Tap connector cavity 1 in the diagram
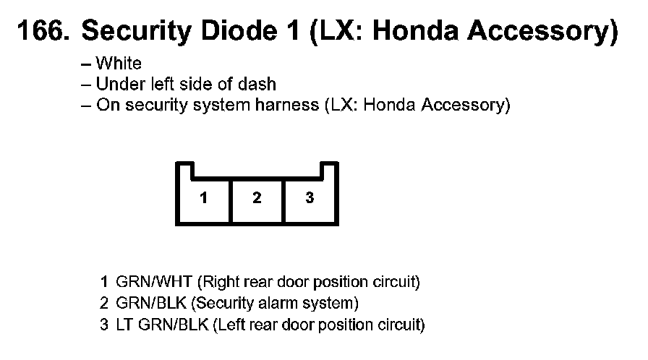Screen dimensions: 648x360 [x=204, y=197]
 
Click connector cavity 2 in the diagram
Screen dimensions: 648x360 [x=257, y=197]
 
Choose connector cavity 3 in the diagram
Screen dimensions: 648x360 [x=310, y=197]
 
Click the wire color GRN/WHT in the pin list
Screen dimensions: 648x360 [x=154, y=280]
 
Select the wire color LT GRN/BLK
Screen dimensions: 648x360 [x=162, y=325]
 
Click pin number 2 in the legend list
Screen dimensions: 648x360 [x=104, y=302]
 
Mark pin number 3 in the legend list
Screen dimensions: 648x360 [x=104, y=325]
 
